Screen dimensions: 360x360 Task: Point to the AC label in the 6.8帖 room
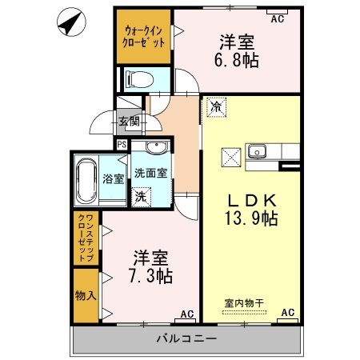pos(278,18)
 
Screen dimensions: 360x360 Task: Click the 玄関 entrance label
pos(129,122)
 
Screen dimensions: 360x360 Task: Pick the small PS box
pos(122,144)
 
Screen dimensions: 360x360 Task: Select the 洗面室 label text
pos(150,172)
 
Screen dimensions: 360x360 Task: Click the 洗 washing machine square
pos(141,196)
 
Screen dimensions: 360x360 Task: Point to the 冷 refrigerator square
pos(216,105)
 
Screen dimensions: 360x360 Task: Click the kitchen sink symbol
pos(258,150)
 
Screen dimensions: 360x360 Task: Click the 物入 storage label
pos(86,296)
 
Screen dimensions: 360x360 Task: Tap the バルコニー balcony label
pos(188,339)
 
